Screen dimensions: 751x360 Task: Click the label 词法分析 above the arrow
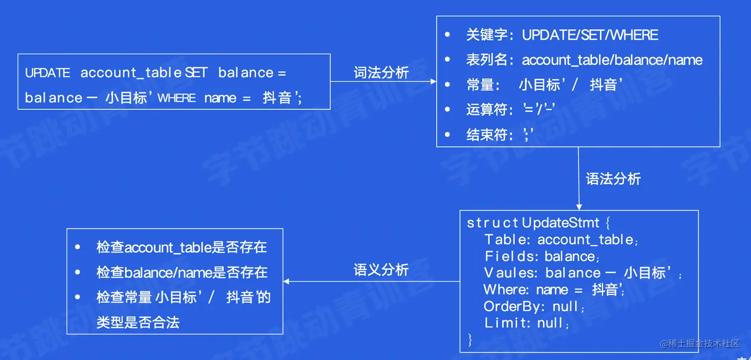[x=381, y=72]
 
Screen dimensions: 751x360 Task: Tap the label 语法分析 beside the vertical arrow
[x=613, y=179]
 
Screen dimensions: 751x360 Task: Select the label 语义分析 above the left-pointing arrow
[x=381, y=270]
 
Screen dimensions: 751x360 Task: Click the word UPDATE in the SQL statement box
[x=48, y=73]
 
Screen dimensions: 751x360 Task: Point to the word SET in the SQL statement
[x=196, y=73]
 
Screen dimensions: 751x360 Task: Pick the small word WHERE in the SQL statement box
[x=176, y=98]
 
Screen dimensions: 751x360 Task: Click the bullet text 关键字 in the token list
[x=487, y=35]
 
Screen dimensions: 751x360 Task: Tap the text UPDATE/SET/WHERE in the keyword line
[x=590, y=35]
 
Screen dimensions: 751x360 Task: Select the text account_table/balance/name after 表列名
[x=612, y=60]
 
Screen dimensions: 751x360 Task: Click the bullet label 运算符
[x=487, y=110]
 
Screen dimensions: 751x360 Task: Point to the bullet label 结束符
[x=487, y=135]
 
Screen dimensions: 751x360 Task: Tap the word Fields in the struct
[x=509, y=256]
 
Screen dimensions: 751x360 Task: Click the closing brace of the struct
[x=470, y=340]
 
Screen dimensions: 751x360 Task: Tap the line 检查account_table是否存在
[x=181, y=247]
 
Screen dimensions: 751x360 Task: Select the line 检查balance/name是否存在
[x=181, y=272]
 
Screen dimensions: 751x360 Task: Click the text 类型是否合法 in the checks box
[x=138, y=323]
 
